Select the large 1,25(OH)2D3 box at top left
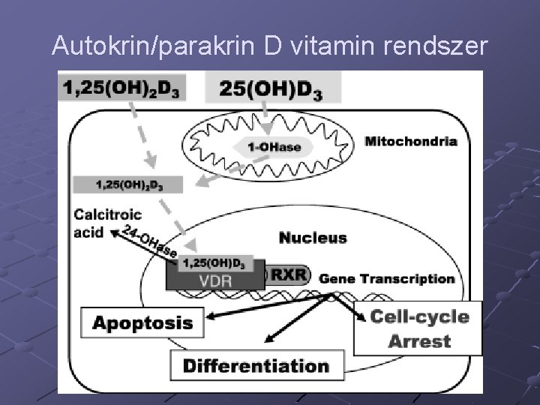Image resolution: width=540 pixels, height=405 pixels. (121, 88)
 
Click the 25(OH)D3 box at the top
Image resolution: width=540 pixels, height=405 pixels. (272, 88)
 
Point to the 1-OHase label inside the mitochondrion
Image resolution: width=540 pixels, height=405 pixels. (273, 147)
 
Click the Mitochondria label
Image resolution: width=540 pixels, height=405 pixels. (410, 140)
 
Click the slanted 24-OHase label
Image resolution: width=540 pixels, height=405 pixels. (154, 242)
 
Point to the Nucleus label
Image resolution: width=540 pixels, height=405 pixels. (313, 238)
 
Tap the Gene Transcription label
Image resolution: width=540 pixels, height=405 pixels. (387, 278)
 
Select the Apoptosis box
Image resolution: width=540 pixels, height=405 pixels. (142, 323)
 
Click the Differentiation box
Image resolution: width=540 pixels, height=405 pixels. (256, 366)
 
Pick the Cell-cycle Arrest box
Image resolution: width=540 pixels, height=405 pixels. (418, 328)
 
